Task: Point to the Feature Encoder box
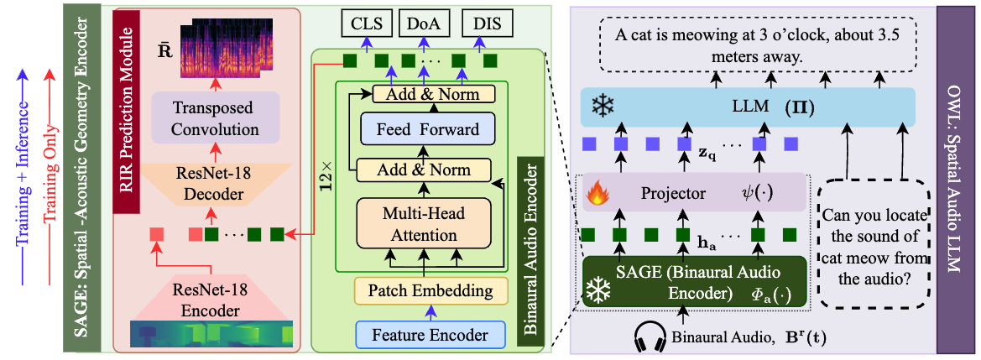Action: point(431,334)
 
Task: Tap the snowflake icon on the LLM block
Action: point(603,107)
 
